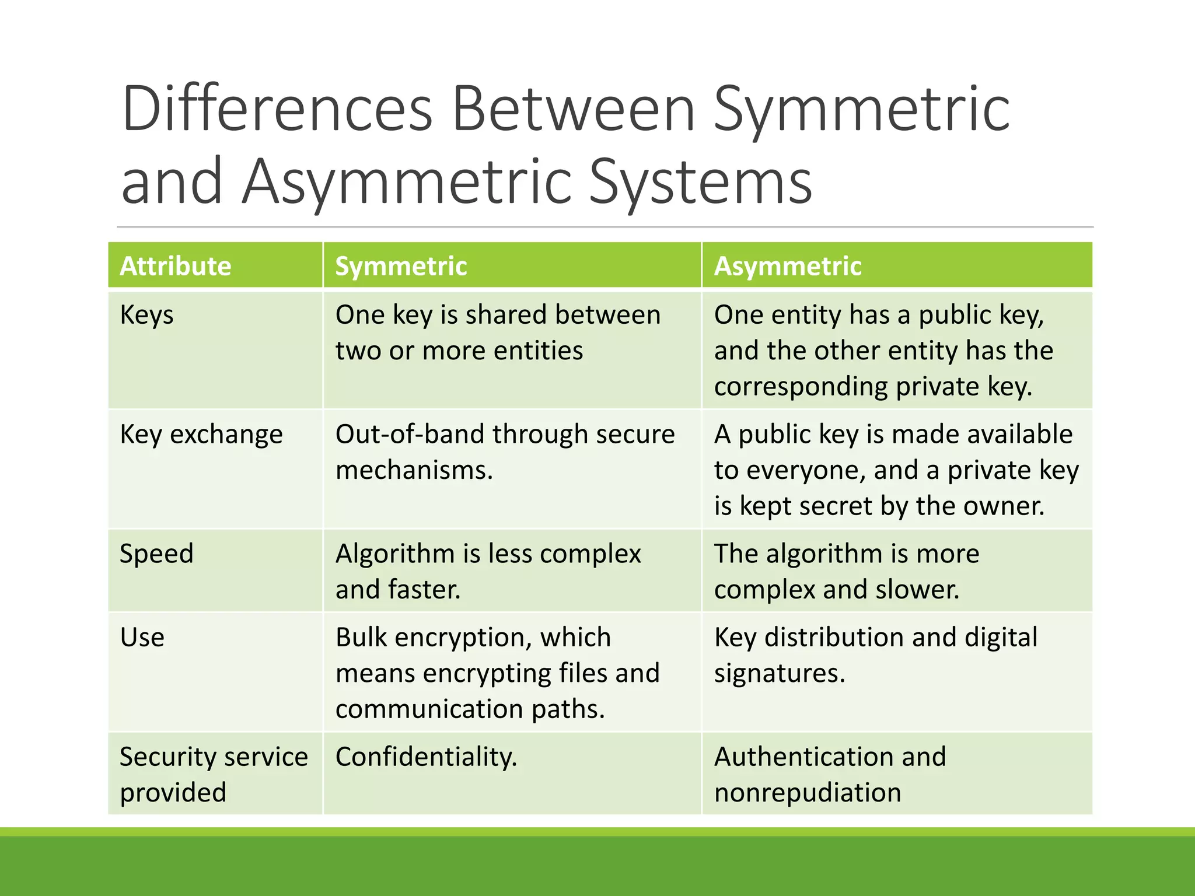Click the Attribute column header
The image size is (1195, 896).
tap(176, 266)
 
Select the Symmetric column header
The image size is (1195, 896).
tap(401, 266)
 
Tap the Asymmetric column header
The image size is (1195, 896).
tap(788, 266)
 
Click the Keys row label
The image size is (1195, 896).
tap(146, 316)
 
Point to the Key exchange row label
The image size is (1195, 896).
tap(201, 435)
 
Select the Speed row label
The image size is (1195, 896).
tap(156, 554)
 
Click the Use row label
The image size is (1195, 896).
tap(142, 637)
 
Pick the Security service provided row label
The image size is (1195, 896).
tap(214, 774)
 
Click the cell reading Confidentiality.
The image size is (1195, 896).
tap(426, 757)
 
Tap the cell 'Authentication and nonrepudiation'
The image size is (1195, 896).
tap(830, 774)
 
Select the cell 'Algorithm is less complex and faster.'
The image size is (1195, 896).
tap(488, 571)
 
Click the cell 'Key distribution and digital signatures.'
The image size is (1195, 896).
tap(875, 654)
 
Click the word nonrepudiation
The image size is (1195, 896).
tap(808, 793)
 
